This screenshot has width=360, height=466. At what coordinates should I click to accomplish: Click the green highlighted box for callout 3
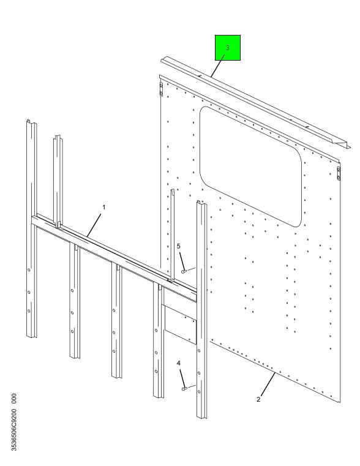tap(228, 48)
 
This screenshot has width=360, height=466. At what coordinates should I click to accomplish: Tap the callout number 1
tap(103, 207)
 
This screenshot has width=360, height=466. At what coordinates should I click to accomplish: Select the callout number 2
tap(258, 399)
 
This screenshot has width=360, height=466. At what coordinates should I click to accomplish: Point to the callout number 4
tap(179, 363)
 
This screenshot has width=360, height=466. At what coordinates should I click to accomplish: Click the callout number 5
tap(179, 246)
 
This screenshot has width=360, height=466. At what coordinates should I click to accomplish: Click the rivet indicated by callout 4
tap(184, 388)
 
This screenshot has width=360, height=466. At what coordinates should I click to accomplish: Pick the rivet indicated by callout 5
tap(184, 271)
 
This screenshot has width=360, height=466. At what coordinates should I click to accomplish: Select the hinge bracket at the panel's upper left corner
tap(161, 89)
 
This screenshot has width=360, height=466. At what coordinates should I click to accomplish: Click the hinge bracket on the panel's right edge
tap(339, 173)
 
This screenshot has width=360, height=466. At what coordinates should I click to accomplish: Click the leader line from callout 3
tap(218, 66)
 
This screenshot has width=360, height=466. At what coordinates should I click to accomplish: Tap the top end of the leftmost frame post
tap(31, 122)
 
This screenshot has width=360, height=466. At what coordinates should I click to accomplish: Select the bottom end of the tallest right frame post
tap(201, 416)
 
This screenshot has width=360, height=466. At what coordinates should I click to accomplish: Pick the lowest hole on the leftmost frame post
tap(29, 311)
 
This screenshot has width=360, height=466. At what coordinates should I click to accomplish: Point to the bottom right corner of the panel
tap(340, 402)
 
